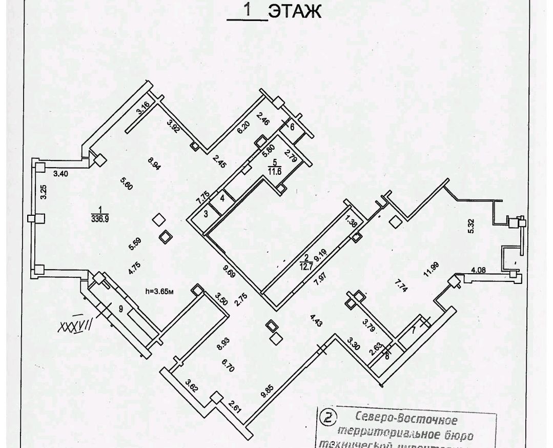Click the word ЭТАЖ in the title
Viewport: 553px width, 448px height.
[296, 12]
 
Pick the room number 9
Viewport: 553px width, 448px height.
[120, 309]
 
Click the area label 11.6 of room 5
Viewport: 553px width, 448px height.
[275, 172]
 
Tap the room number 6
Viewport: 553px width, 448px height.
[293, 127]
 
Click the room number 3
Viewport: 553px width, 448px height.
[205, 214]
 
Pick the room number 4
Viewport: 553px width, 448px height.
[222, 197]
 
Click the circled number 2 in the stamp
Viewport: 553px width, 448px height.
[326, 417]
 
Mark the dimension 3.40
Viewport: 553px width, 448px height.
[60, 174]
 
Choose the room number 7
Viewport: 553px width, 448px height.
[413, 330]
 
